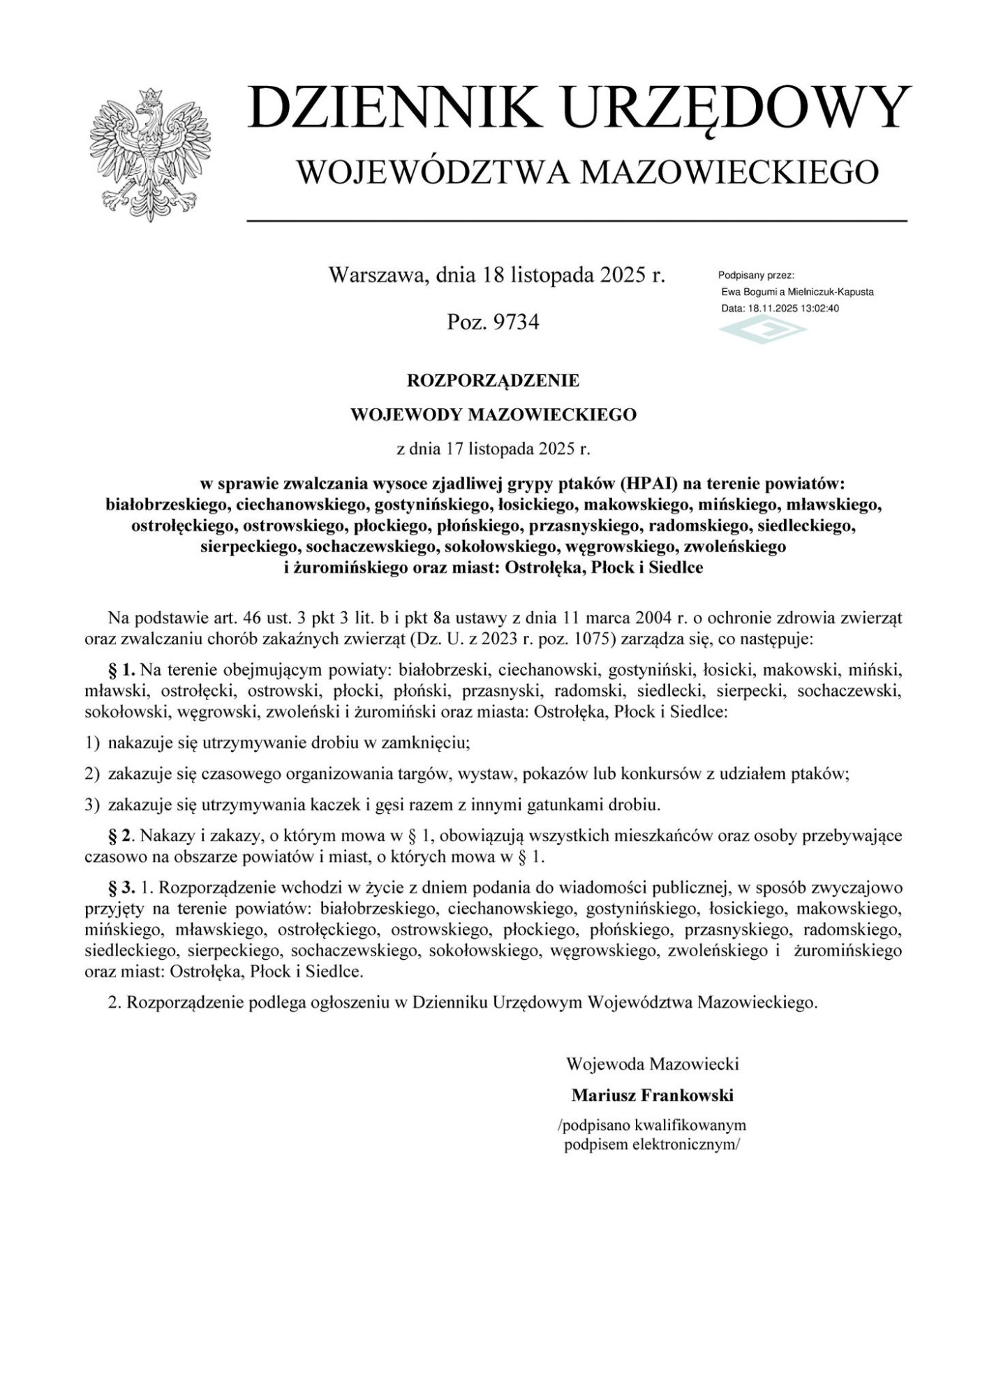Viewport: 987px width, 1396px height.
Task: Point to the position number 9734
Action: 516,322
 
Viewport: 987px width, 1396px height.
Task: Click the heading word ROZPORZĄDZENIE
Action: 493,381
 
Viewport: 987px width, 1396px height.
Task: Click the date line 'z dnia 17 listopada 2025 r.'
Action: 493,449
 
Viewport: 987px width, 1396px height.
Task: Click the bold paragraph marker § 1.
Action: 121,671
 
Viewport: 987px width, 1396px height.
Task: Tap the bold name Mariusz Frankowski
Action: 652,1095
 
